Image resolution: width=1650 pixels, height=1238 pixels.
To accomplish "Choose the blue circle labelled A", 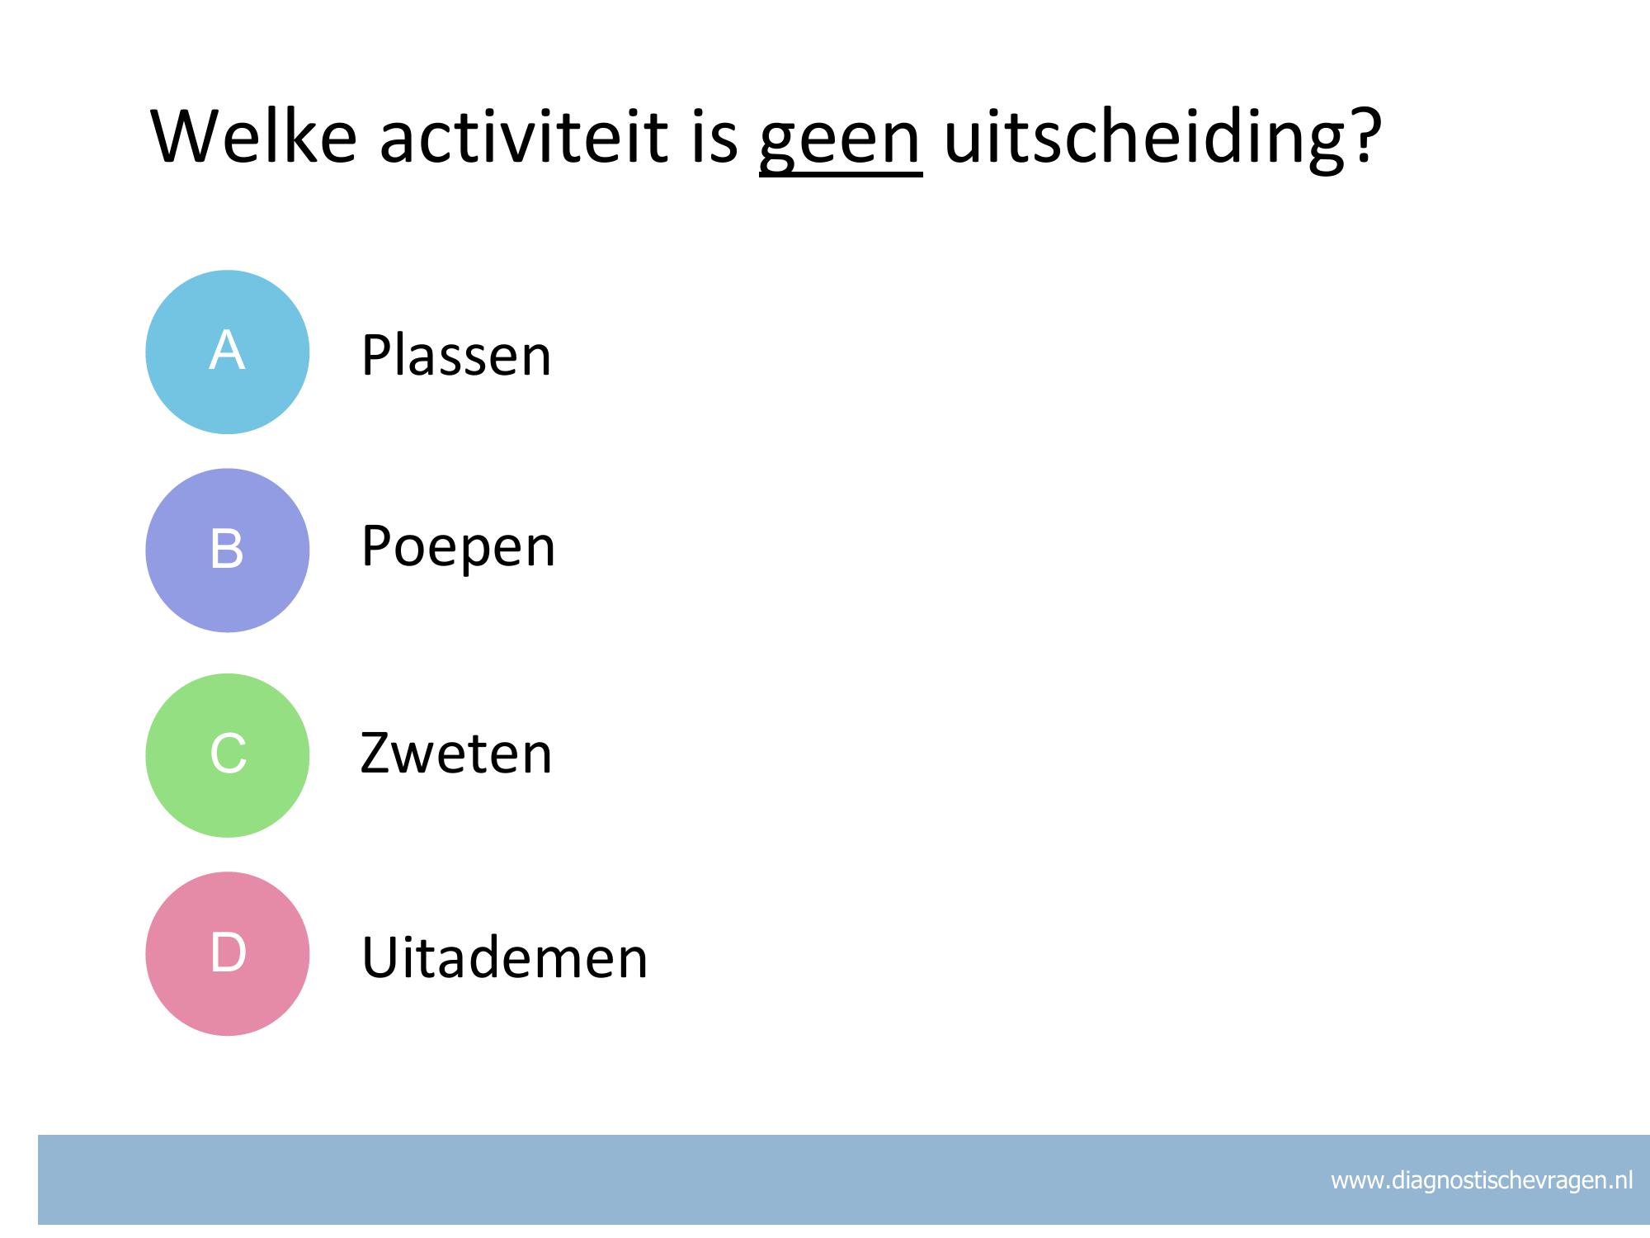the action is click(x=228, y=352).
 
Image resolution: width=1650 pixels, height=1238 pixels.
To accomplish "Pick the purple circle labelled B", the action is click(x=228, y=550).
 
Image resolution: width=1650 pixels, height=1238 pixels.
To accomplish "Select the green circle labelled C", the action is click(x=228, y=755).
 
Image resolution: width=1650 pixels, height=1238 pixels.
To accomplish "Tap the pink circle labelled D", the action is click(x=228, y=953).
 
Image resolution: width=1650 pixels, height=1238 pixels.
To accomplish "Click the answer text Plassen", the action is click(x=456, y=355).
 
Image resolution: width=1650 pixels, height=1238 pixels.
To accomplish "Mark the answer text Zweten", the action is click(x=456, y=753).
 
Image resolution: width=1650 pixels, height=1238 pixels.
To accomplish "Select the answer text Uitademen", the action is click(x=505, y=957).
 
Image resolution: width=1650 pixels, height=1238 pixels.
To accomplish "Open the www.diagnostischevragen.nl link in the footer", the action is click(x=1482, y=1180).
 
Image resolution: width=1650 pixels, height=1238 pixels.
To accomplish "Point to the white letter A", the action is click(x=227, y=350).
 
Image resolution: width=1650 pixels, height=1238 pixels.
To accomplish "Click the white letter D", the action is click(x=229, y=952).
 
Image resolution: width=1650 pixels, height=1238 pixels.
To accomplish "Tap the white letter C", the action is click(x=229, y=754).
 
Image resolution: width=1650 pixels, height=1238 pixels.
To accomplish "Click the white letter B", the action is click(x=227, y=549).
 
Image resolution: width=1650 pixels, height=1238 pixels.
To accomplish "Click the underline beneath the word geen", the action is click(x=841, y=174).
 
